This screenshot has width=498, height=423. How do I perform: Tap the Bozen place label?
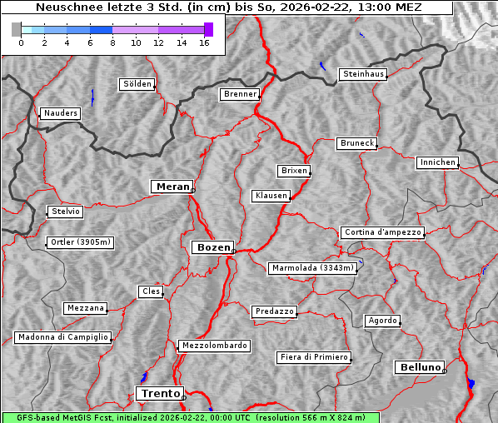point(212,247)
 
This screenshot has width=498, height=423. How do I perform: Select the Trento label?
point(159,393)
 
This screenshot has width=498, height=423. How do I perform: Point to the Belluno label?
point(419,366)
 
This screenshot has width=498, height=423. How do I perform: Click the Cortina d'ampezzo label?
point(382,232)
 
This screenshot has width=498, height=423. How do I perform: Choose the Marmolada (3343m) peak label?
point(313,268)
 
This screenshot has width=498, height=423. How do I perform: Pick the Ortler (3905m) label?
point(79,243)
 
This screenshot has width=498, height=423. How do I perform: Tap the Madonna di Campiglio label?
point(62,337)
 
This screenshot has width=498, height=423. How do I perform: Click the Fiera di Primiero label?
point(313,357)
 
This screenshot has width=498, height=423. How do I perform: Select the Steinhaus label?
point(364,74)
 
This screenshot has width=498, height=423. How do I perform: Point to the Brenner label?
point(241,94)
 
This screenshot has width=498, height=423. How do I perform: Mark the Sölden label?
point(137,84)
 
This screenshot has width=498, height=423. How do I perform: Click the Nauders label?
point(60,113)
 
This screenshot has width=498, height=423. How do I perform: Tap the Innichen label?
point(437,162)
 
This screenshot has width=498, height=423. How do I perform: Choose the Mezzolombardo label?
point(213,346)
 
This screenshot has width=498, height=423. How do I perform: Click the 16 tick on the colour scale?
point(204,43)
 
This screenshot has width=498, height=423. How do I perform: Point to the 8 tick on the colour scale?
point(112,43)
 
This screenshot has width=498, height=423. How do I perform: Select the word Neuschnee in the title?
point(65,7)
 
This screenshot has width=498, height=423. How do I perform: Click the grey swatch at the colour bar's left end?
point(17,29)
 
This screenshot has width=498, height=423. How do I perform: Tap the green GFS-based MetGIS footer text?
point(190,417)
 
